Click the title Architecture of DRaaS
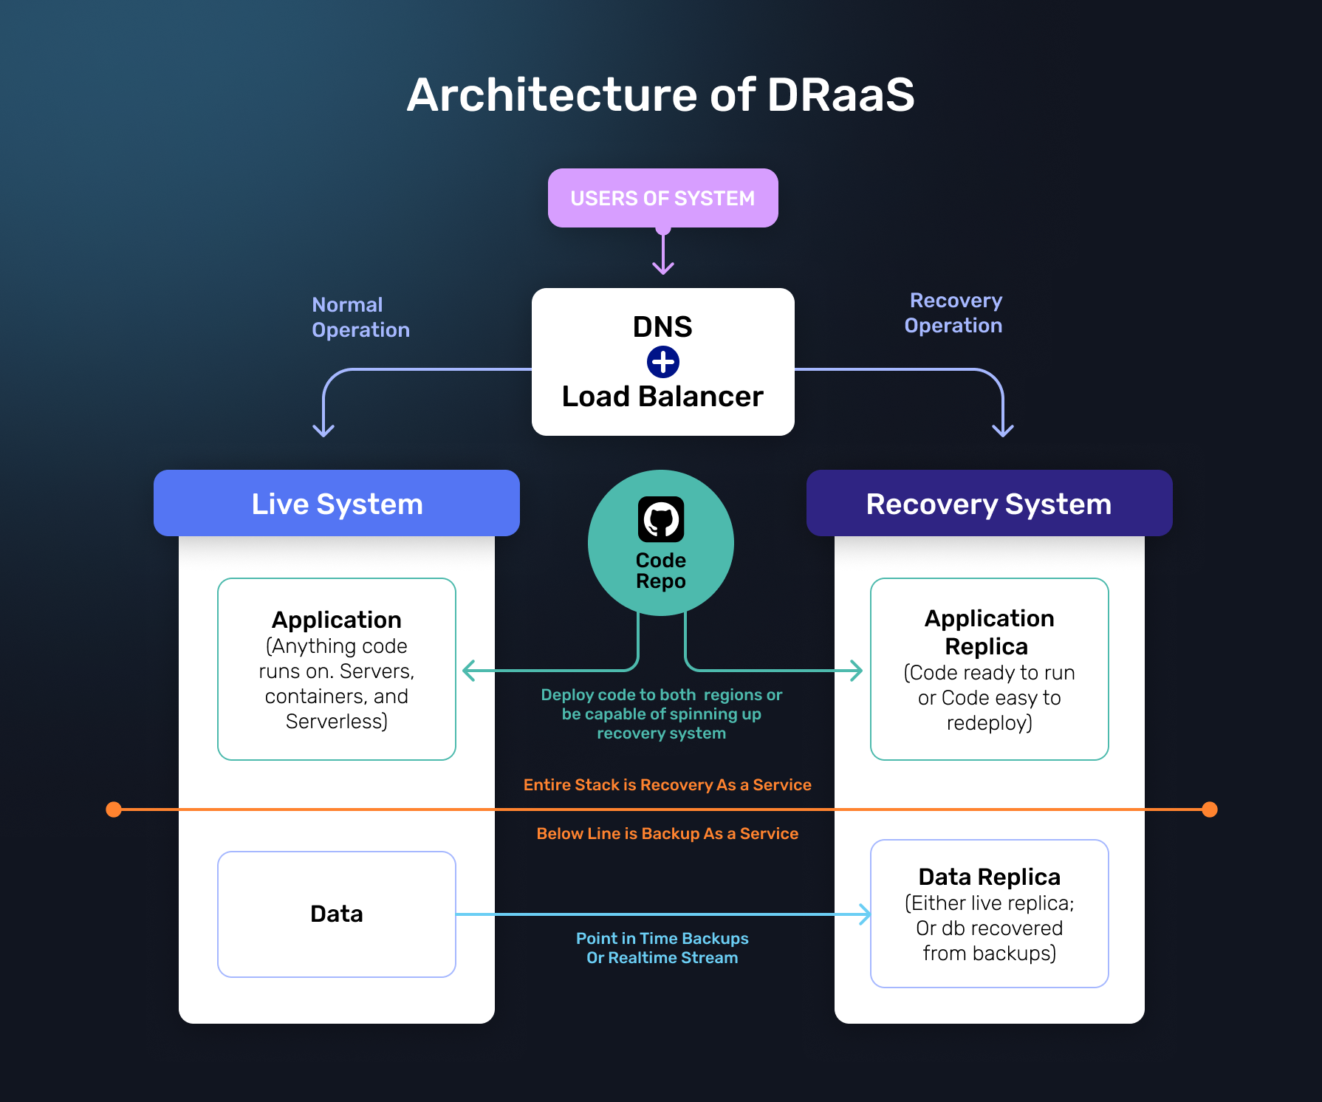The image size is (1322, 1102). (x=660, y=95)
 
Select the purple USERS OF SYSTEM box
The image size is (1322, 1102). (x=662, y=198)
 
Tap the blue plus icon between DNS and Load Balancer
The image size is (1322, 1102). (x=662, y=362)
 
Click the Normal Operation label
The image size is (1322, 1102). (x=360, y=318)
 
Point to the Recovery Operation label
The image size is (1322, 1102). (x=953, y=313)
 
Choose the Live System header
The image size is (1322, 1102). (x=337, y=504)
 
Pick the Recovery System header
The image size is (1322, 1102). (x=989, y=504)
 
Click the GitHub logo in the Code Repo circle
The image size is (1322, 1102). (x=661, y=519)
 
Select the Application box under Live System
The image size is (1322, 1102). (x=337, y=668)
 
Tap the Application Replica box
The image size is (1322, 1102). (x=989, y=668)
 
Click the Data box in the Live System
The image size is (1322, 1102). (x=337, y=914)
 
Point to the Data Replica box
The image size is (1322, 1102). (x=989, y=914)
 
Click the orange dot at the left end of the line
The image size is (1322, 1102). (x=114, y=810)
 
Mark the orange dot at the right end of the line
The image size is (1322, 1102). (x=1210, y=810)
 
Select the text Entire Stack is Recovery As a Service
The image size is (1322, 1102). (x=667, y=784)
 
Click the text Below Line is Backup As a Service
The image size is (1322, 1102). (x=667, y=833)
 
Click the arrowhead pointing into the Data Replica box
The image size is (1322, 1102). (x=865, y=914)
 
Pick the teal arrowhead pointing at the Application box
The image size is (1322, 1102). (x=468, y=671)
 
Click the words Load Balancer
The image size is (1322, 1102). (x=662, y=397)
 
